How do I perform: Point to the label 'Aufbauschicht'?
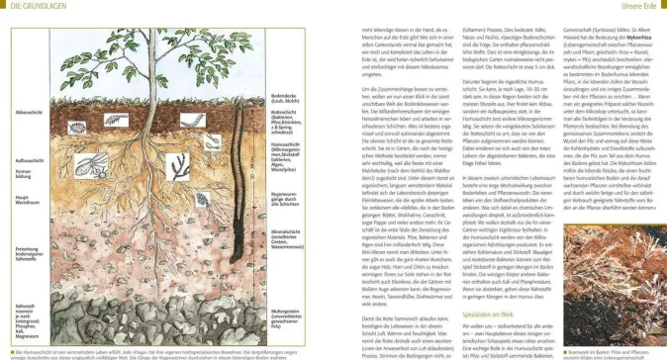(22, 158)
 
